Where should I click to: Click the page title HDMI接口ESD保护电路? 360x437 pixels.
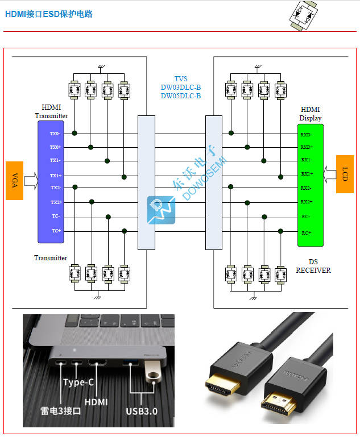pyautogui.click(x=49, y=14)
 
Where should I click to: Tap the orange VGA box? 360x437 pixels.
pyautogui.click(x=14, y=181)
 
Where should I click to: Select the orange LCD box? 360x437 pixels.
pyautogui.click(x=345, y=174)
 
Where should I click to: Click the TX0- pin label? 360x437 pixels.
pyautogui.click(x=55, y=134)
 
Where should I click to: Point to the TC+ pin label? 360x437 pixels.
pyautogui.click(x=56, y=231)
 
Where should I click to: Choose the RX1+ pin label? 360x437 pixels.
pyautogui.click(x=307, y=174)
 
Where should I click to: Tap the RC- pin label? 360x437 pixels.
pyautogui.click(x=306, y=217)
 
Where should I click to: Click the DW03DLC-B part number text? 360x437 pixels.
pyautogui.click(x=180, y=88)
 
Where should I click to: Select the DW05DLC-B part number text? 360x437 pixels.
pyautogui.click(x=180, y=96)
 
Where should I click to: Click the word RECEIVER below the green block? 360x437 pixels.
pyautogui.click(x=313, y=270)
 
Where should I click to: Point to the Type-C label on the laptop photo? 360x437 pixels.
pyautogui.click(x=78, y=382)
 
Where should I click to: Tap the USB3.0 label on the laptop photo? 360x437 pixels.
pyautogui.click(x=142, y=411)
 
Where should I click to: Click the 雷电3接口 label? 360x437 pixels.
pyautogui.click(x=60, y=411)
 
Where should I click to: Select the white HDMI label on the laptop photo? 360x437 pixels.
pyautogui.click(x=96, y=401)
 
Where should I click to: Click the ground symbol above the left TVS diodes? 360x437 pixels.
pyautogui.click(x=101, y=67)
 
